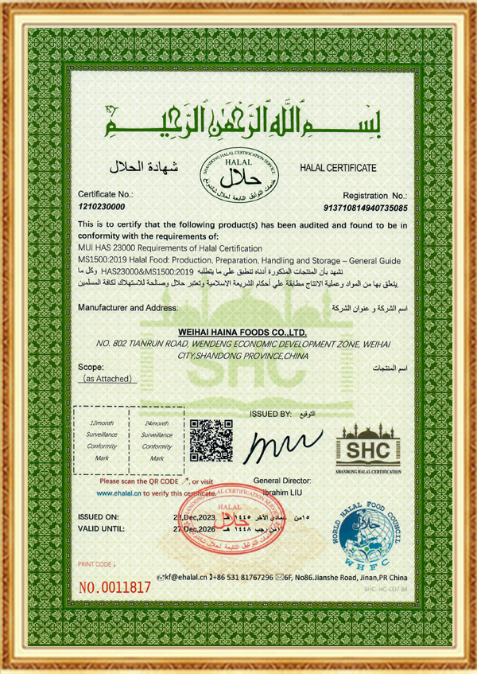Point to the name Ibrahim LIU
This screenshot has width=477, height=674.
[285, 493]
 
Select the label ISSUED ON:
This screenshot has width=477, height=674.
[102, 517]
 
